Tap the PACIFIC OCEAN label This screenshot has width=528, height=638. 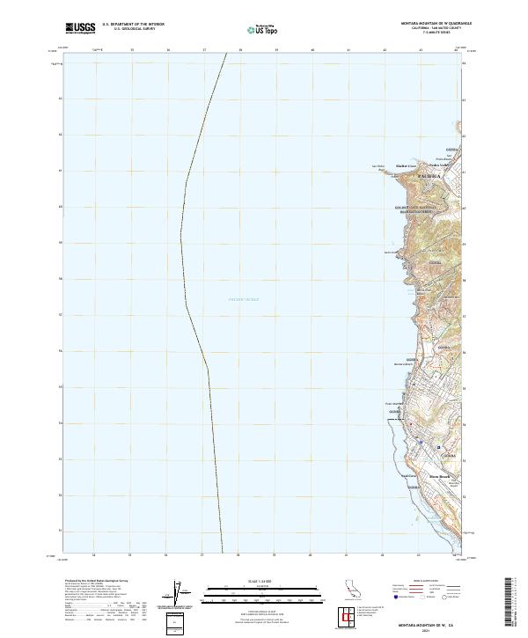[244, 300]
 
